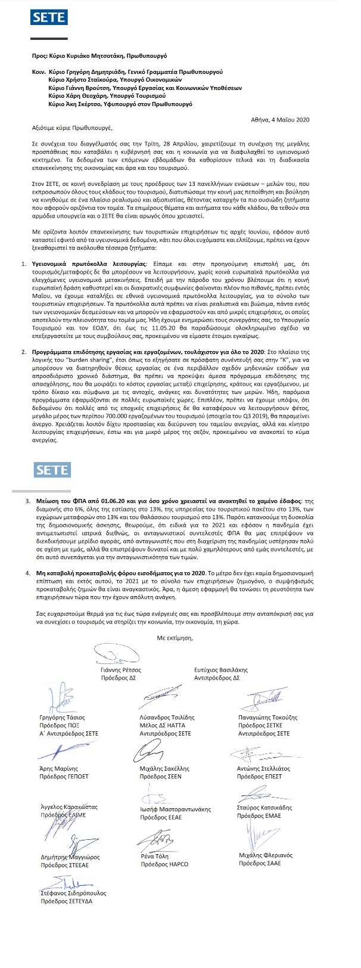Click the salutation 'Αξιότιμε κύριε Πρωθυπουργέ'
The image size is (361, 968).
(x=72, y=128)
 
